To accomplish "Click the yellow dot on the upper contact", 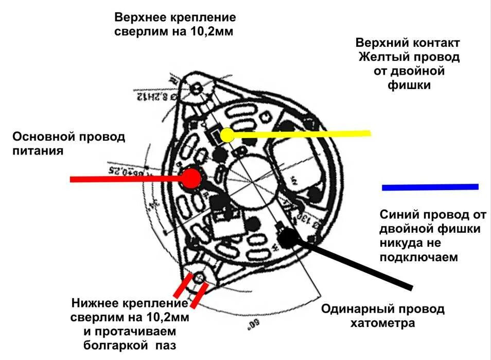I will [226, 135].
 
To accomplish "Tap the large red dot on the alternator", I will [191, 178].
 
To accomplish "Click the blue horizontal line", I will [430, 187].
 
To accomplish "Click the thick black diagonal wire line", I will [360, 264].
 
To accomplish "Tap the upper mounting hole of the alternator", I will [196, 88].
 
